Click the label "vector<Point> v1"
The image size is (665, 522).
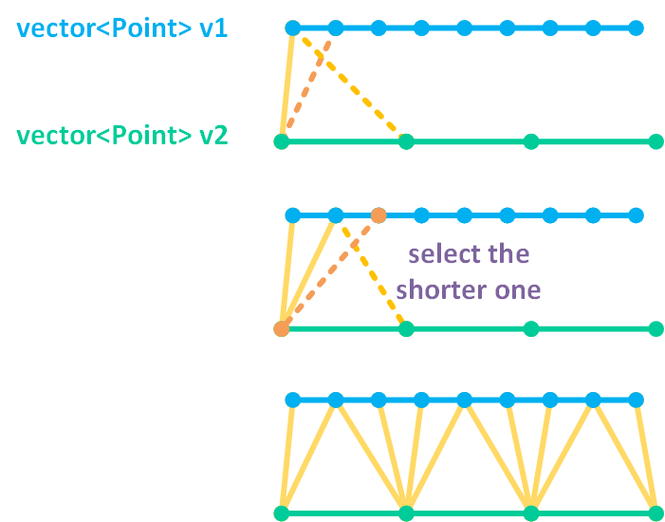(120, 29)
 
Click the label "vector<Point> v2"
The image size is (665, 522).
(122, 136)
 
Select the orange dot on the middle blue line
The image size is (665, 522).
(379, 215)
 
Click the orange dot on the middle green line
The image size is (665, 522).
(281, 329)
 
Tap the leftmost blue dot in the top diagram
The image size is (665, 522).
(292, 28)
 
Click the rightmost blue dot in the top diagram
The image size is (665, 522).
(636, 28)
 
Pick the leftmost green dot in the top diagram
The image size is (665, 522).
(281, 142)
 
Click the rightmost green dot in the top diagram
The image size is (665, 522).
(656, 142)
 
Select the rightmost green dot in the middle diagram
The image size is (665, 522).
(656, 329)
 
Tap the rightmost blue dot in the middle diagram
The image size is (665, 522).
(636, 215)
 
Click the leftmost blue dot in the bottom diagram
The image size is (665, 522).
(292, 401)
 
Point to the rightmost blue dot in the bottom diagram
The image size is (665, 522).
(636, 401)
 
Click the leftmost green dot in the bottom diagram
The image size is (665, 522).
(281, 513)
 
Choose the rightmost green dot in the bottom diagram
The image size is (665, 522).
(656, 513)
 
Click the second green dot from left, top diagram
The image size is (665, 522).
(406, 142)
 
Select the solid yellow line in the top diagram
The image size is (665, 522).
(286, 85)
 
